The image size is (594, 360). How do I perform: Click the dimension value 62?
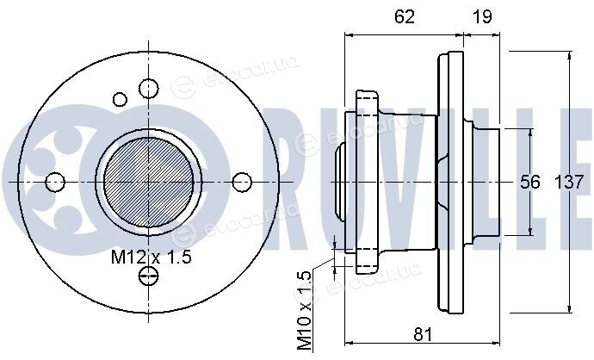point(405,16)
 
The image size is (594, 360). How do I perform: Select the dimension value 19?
point(482,16)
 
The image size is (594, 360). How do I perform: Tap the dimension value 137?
point(569,183)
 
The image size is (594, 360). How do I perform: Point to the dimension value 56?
point(529,183)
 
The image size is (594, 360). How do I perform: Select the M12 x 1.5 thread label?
point(152,258)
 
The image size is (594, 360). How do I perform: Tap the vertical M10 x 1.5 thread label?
point(304,310)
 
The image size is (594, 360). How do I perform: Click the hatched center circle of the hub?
point(148,183)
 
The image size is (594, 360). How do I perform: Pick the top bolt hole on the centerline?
point(148,89)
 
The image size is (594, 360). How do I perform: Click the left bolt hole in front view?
point(55,182)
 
